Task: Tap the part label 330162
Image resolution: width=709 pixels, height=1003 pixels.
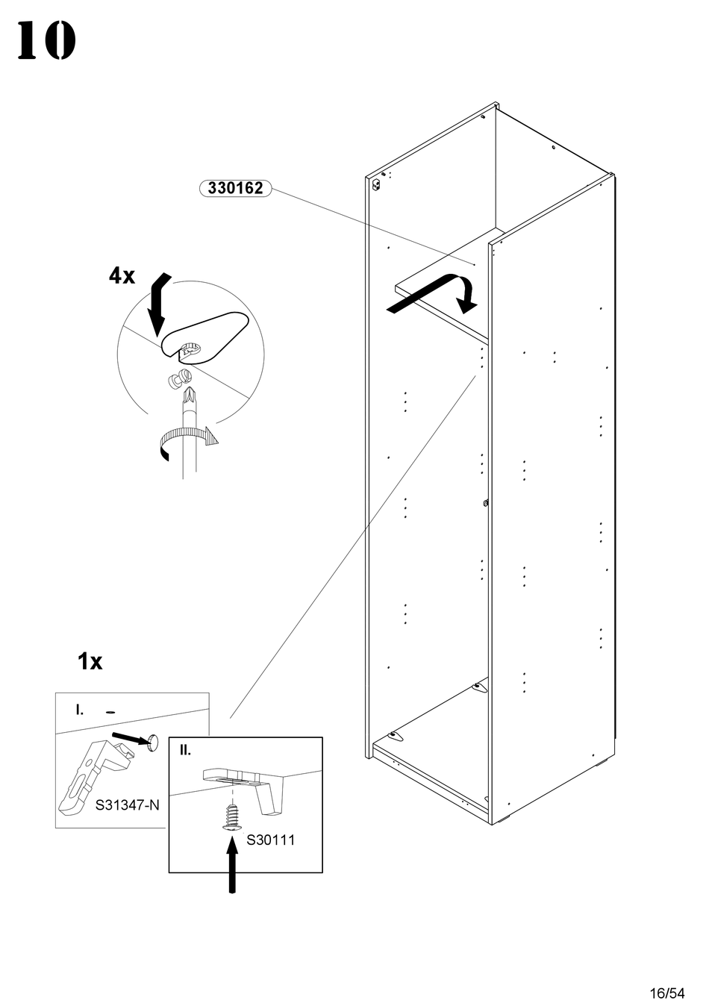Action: (235, 188)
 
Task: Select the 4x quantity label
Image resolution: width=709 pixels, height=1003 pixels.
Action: (122, 276)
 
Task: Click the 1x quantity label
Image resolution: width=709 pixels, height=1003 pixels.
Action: (90, 661)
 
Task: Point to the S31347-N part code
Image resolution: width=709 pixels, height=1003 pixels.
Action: (128, 806)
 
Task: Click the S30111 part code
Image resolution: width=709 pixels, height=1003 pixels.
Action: (271, 840)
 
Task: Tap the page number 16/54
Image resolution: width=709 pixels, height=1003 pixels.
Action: (666, 993)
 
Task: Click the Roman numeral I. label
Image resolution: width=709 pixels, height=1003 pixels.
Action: (80, 710)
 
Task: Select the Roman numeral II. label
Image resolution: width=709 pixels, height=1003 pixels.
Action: (186, 750)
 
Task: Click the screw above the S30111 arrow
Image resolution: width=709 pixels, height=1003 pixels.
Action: (233, 816)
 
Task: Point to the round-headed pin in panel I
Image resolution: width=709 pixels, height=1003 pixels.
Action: (153, 742)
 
